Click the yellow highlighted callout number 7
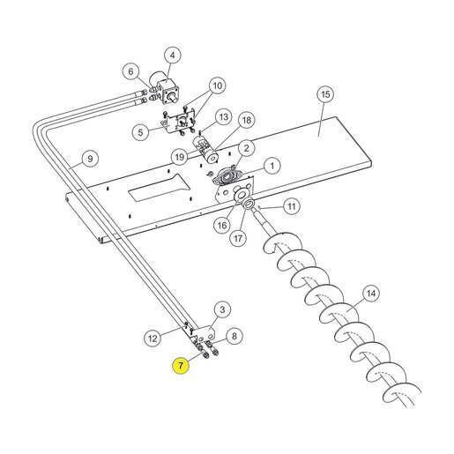click(181, 366)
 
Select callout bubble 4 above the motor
click(172, 56)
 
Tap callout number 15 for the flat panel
click(325, 94)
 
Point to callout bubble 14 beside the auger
click(371, 294)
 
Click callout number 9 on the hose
click(90, 159)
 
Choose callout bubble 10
click(218, 86)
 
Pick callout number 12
click(153, 339)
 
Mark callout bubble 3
click(222, 309)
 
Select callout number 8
click(234, 336)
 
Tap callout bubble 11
click(291, 206)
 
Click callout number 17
click(238, 238)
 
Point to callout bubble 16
click(222, 226)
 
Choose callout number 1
click(272, 166)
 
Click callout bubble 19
click(180, 157)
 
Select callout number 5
click(140, 132)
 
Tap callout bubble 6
click(130, 71)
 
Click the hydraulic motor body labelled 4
click(169, 91)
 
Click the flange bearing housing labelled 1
click(227, 178)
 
